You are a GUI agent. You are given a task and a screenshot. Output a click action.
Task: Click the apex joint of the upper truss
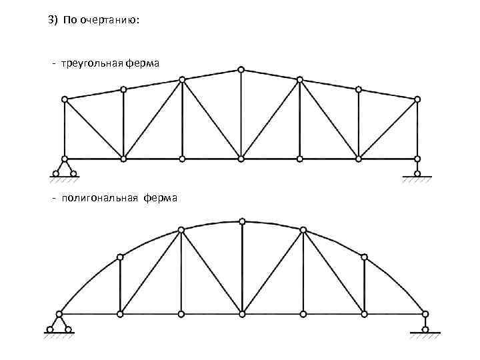241,69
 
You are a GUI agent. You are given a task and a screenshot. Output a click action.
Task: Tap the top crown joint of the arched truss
241,221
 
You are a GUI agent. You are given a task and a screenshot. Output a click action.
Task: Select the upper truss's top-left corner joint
65,99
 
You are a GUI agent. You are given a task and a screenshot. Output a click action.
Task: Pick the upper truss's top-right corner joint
417,99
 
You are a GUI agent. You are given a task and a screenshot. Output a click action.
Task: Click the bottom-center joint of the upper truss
241,159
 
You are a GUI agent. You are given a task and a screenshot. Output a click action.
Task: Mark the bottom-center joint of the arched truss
241,313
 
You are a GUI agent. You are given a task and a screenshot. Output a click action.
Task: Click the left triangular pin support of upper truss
65,169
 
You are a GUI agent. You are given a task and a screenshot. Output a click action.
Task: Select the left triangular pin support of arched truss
59,323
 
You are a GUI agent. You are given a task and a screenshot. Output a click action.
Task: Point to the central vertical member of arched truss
241,267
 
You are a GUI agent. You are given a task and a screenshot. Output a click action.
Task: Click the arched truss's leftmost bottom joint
59,313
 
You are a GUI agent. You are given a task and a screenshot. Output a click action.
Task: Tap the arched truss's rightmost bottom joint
425,313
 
